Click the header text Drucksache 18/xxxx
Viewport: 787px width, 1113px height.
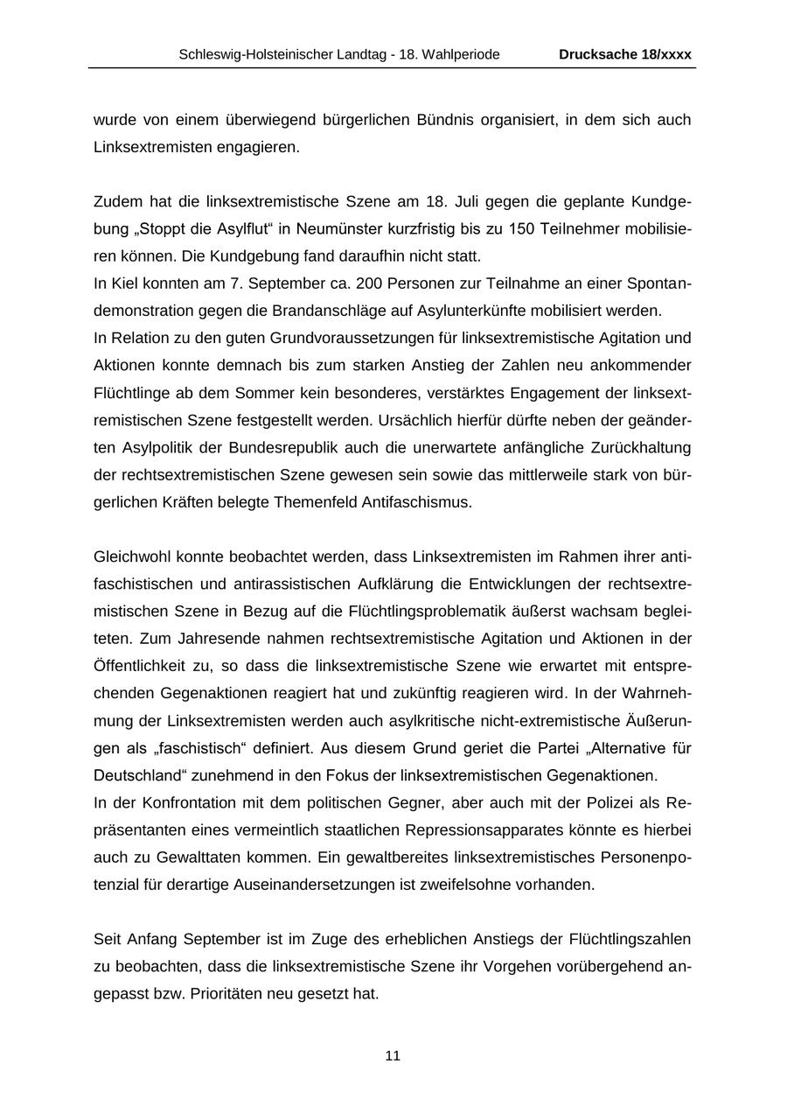625,54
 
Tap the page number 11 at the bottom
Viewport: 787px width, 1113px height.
393,1056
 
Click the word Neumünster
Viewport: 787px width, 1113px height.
335,229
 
